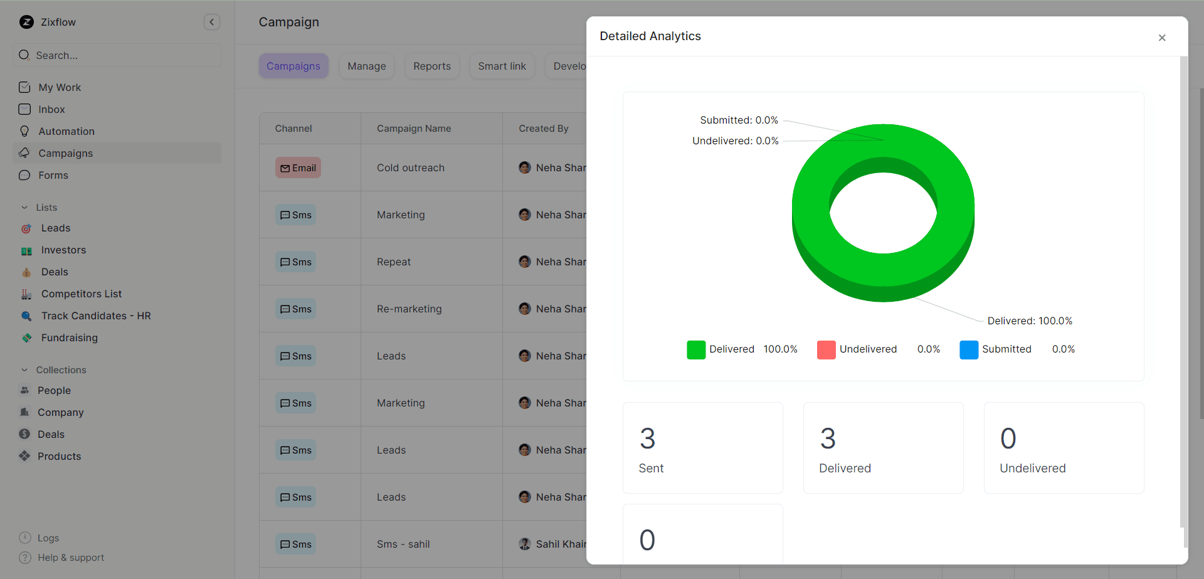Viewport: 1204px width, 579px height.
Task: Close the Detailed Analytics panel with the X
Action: pos(1161,38)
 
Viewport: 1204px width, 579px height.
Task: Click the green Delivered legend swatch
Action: pos(696,349)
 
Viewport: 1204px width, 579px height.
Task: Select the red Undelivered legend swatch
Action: pos(826,349)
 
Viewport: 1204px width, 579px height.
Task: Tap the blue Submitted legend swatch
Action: pos(968,349)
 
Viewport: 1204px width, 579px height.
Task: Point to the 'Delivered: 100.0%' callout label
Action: pos(1029,321)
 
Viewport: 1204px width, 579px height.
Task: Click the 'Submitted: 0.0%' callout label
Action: pos(739,120)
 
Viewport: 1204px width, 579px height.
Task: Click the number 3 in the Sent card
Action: pos(647,438)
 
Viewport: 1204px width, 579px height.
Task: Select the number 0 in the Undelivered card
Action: pos(1008,438)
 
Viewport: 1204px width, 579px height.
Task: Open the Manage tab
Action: pos(367,66)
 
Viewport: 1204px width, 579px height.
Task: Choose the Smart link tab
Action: pos(502,66)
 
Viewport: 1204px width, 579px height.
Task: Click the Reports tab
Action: pos(431,66)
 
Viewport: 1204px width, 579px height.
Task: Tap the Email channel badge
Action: pos(298,167)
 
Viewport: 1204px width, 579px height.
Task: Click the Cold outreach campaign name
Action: pos(410,167)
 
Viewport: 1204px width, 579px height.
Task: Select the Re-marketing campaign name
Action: pos(409,309)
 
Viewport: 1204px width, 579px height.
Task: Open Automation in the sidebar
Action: pos(66,131)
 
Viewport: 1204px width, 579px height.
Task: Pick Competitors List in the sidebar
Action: pos(81,294)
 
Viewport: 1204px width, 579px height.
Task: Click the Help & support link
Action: pos(70,557)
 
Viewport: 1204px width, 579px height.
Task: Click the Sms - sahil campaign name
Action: pos(403,544)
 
